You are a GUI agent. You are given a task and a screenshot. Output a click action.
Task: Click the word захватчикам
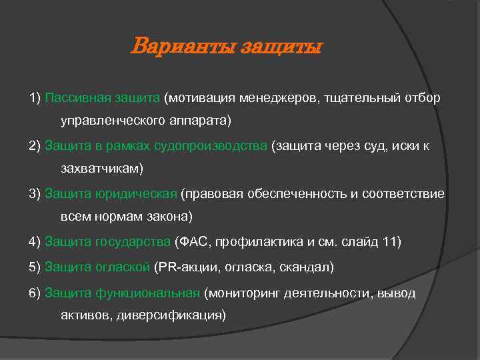[x=101, y=169]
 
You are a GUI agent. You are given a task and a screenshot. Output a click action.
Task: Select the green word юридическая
[x=139, y=194]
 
